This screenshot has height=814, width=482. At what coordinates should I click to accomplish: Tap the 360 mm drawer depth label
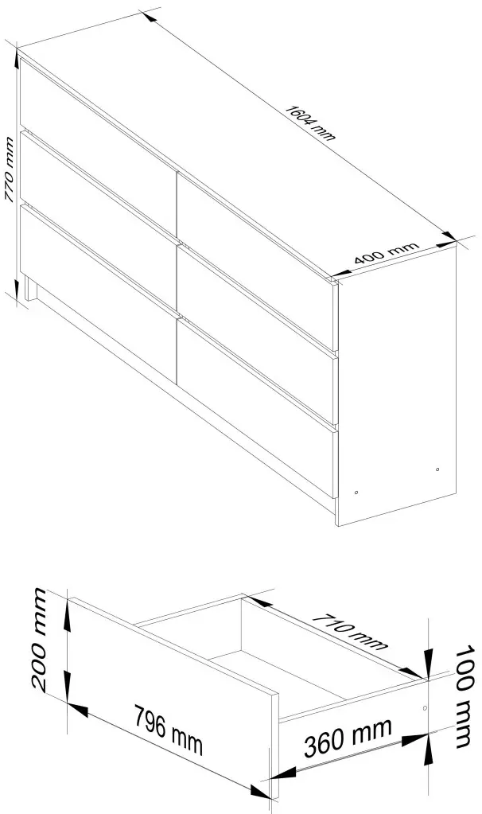348,744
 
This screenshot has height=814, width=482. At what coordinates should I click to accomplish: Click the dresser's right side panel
398,390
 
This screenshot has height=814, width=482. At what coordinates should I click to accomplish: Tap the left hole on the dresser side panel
356,493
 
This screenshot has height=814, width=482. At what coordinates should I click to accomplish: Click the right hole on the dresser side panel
438,469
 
